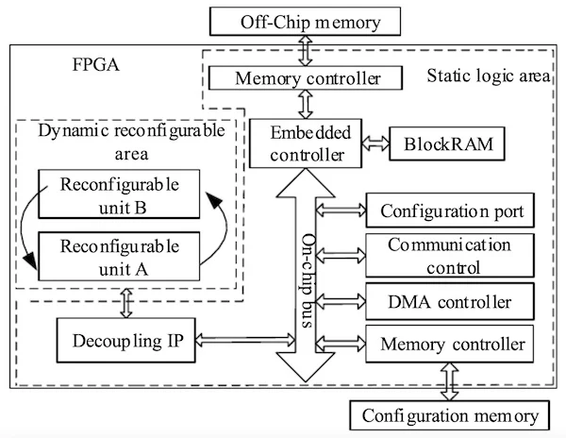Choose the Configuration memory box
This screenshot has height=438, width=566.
[x=446, y=414]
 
